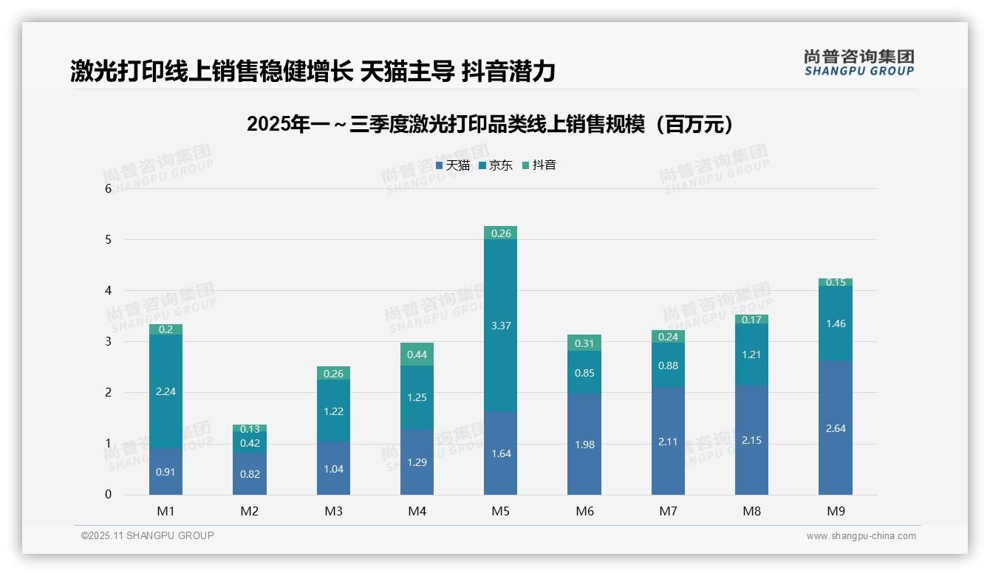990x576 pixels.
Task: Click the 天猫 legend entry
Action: click(x=453, y=165)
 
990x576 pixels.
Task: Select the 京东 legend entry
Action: click(x=496, y=165)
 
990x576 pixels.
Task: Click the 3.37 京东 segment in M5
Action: click(x=500, y=325)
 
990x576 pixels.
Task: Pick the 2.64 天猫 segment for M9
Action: click(x=835, y=428)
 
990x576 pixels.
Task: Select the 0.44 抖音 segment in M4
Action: click(x=417, y=354)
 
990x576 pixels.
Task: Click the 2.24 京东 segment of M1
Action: click(x=165, y=391)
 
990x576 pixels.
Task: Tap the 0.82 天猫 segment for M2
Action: click(x=250, y=474)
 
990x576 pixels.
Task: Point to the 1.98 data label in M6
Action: click(x=584, y=445)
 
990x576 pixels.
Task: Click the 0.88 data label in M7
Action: click(x=668, y=366)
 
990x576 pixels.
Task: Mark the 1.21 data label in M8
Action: click(x=751, y=354)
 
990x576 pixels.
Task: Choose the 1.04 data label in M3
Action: click(x=333, y=469)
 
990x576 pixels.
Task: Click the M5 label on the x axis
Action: click(x=500, y=511)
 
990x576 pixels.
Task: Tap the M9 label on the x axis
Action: click(x=835, y=511)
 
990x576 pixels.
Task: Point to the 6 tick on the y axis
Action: click(x=108, y=188)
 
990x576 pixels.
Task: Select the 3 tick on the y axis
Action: click(x=108, y=341)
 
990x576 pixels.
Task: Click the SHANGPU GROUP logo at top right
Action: click(x=858, y=63)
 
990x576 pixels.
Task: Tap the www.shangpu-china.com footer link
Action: click(x=861, y=536)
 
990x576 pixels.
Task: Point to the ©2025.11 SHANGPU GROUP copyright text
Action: click(x=148, y=535)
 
